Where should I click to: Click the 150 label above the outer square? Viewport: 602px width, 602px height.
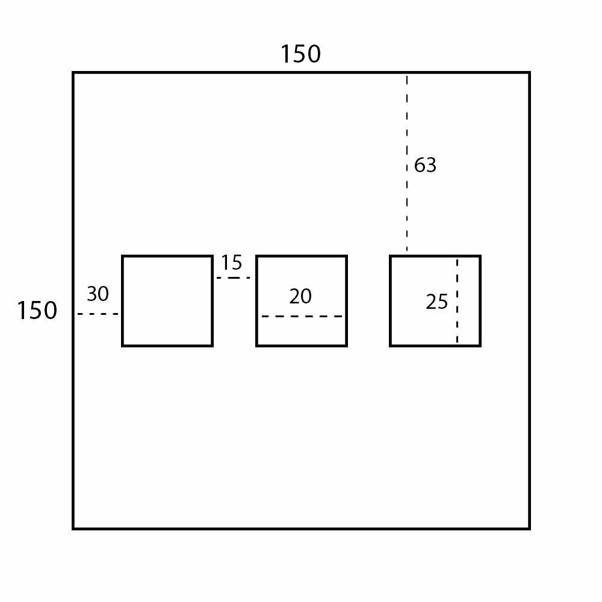point(300,54)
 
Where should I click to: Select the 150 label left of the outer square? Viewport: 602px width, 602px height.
point(37,311)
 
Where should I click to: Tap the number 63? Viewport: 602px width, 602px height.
point(425,165)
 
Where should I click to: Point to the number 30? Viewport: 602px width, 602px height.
point(98,294)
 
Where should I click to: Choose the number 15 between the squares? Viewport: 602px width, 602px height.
point(231,263)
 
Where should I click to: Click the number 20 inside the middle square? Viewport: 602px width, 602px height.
point(300,297)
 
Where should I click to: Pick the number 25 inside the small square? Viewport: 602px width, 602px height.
point(437,302)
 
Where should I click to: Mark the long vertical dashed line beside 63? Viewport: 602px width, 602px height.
point(407,163)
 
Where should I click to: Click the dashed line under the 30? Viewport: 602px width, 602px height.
point(98,314)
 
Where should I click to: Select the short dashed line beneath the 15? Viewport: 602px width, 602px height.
point(234,278)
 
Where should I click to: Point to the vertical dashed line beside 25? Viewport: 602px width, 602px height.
point(457,301)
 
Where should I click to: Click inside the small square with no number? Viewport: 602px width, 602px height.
point(167,301)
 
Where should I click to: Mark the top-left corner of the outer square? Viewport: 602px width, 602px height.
point(73,73)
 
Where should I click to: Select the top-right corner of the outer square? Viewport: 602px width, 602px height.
point(529,73)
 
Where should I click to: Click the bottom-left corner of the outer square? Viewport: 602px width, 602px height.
point(73,529)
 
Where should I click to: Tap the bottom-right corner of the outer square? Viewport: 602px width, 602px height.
point(529,529)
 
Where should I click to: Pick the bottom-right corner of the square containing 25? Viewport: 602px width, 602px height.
point(480,346)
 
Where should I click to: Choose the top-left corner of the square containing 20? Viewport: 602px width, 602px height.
point(257,256)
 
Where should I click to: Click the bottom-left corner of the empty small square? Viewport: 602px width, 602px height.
point(123,346)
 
